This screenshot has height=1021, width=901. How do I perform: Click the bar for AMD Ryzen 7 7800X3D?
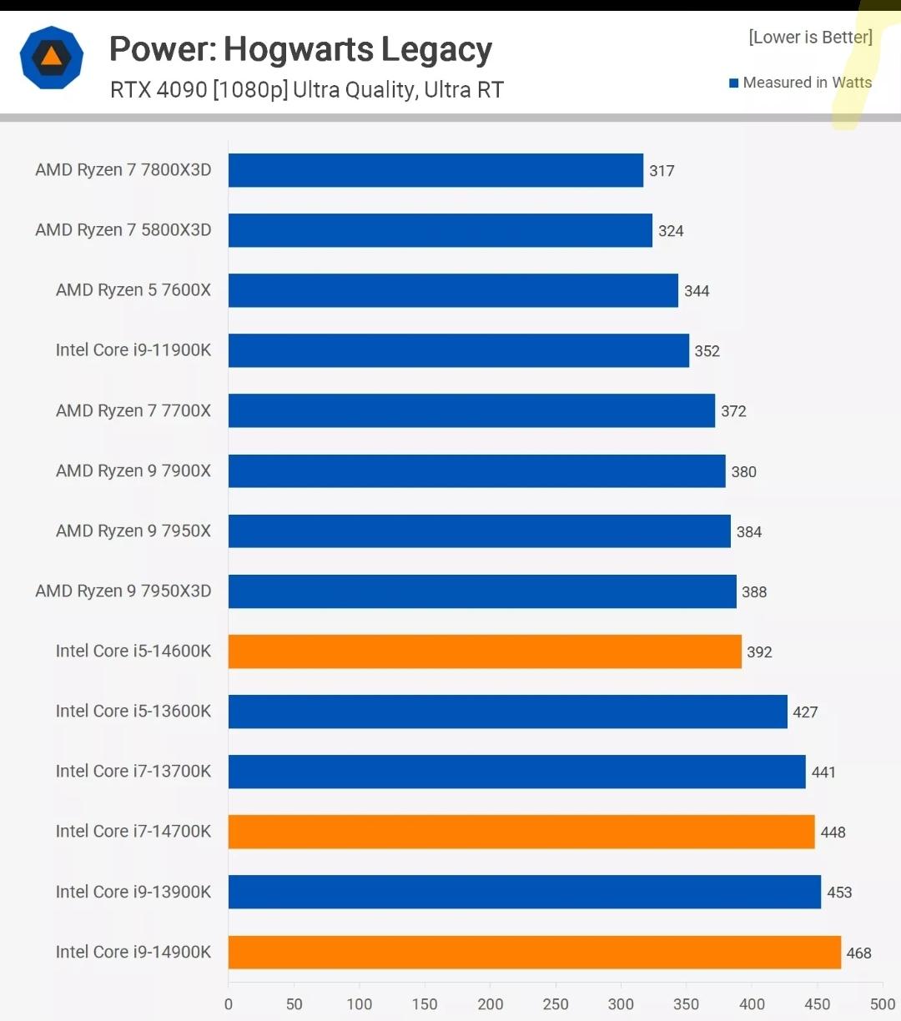coord(435,170)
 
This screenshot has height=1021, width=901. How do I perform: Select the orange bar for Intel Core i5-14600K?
coord(485,651)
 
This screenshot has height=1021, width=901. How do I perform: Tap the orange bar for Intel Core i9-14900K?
coord(535,952)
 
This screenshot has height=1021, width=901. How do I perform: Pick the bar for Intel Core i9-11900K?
coord(459,350)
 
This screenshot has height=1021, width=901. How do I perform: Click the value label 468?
coord(858,953)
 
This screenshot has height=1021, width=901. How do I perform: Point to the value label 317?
coord(662,171)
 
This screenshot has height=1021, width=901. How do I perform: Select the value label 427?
coord(805,712)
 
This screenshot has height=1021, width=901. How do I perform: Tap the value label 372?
coord(733,411)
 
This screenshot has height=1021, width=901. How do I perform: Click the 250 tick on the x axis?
coord(556,1004)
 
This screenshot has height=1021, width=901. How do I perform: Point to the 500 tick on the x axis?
coord(882,1004)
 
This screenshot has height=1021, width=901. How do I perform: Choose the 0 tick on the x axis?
coord(229,1004)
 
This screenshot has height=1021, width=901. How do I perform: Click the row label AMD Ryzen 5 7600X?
coord(133,290)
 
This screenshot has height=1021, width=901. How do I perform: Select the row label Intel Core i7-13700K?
coord(133,772)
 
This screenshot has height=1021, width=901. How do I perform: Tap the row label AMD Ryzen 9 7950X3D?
coord(123,591)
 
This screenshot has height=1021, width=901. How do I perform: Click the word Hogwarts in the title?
coord(299,50)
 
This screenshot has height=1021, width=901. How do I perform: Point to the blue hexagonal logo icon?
coord(52,57)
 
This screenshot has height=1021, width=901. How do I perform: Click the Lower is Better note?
coord(810,38)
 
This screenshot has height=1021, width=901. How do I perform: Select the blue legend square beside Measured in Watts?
coord(734,83)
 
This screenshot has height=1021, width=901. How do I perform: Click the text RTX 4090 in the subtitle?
coord(159,90)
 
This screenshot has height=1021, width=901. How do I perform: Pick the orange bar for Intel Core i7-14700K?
coord(521,832)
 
